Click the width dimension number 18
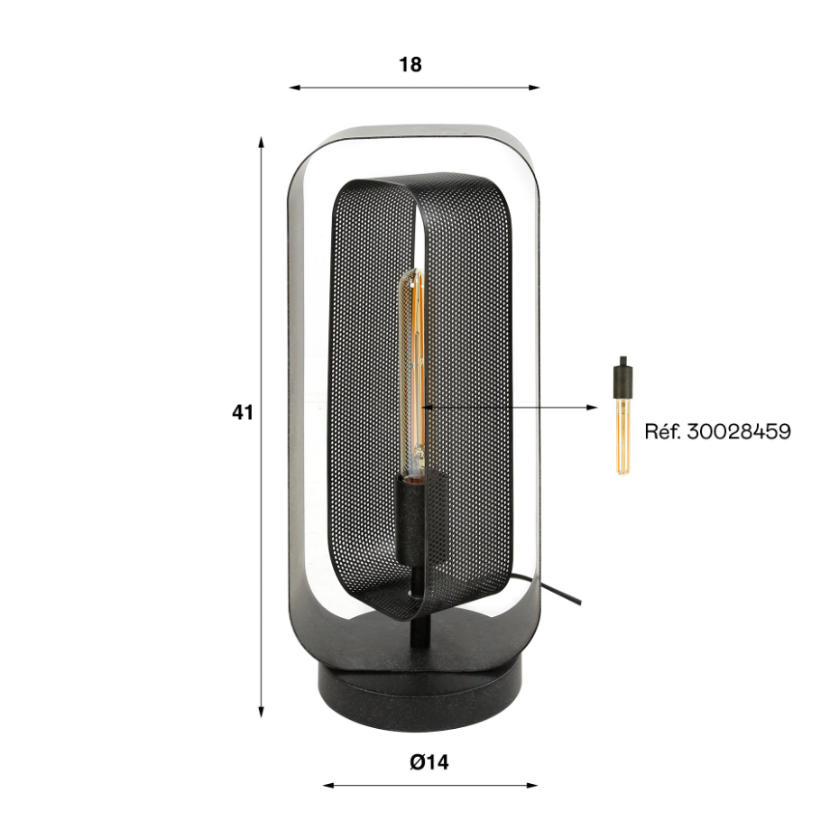coord(410,65)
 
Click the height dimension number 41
coord(243,412)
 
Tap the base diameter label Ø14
coord(429,762)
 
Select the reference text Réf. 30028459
coord(717,431)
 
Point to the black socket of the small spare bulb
coord(622,378)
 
